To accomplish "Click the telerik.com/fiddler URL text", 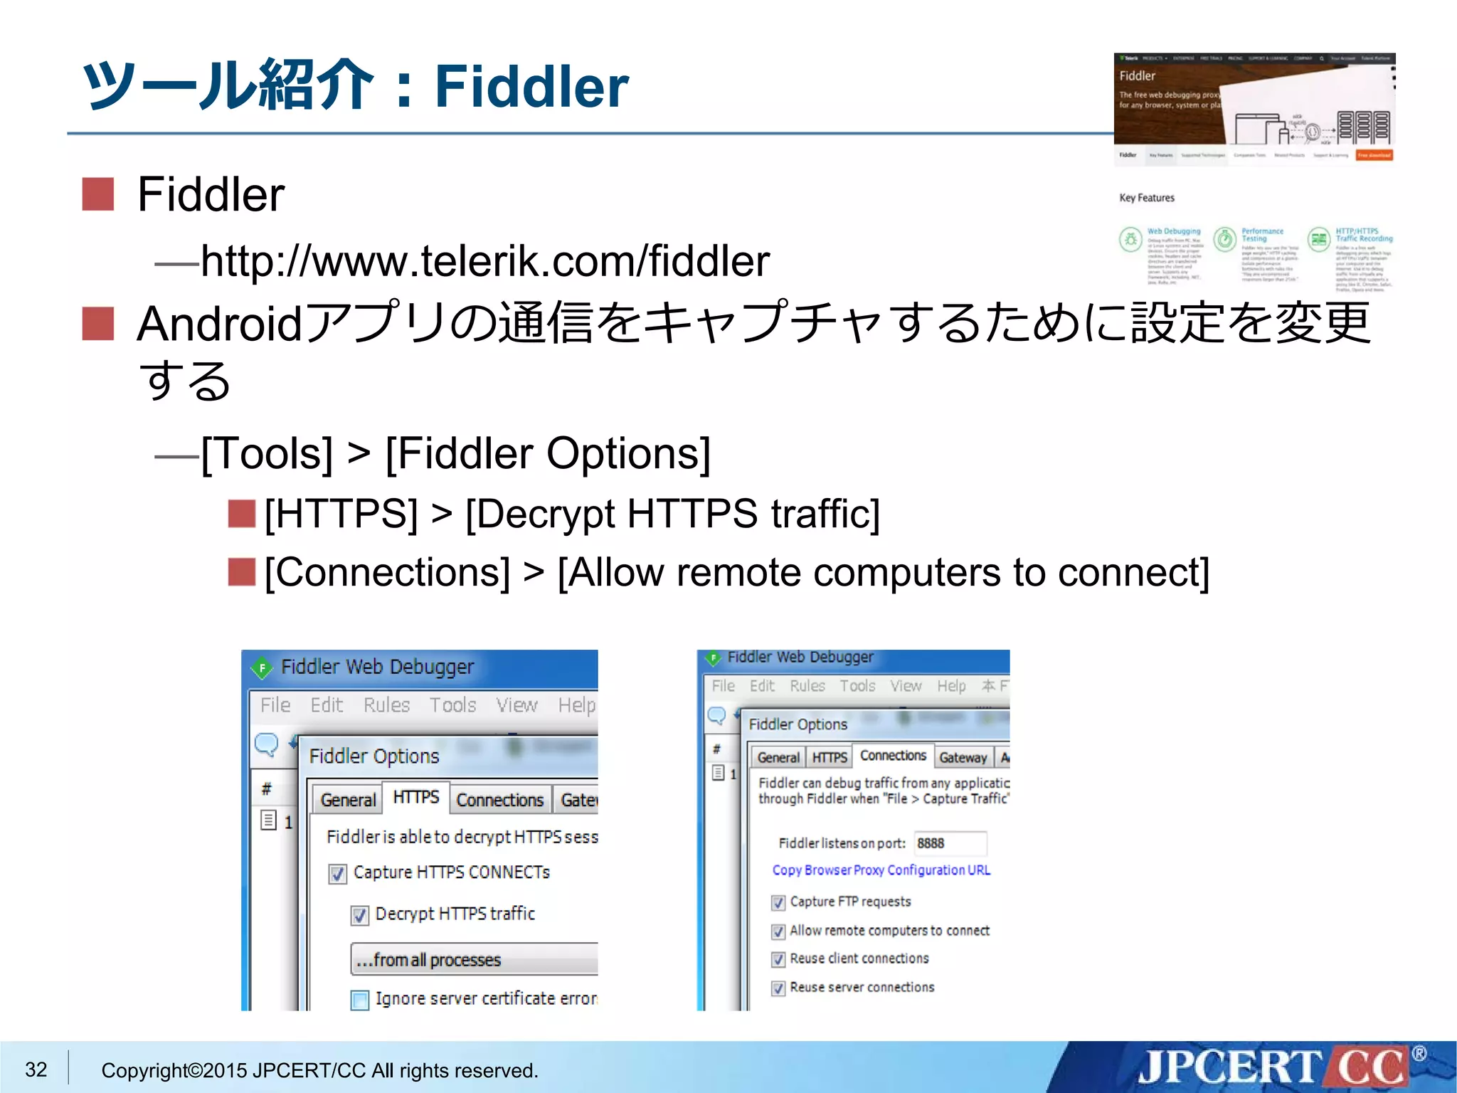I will (x=485, y=261).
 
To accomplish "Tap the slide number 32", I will (x=36, y=1069).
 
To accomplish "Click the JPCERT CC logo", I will (x=1273, y=1067).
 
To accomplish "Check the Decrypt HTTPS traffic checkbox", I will (x=360, y=915).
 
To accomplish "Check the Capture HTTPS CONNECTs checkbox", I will (x=338, y=874).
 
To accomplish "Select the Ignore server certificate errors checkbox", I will (x=360, y=1000).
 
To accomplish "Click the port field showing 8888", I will (x=950, y=843).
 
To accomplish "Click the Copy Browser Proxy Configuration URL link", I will (x=881, y=870).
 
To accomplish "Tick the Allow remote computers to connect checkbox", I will (x=778, y=931).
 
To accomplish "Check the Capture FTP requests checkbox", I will (x=778, y=902).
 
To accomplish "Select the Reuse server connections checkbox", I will (x=778, y=988).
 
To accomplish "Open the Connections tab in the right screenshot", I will (x=893, y=756).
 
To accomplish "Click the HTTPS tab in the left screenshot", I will (x=415, y=798).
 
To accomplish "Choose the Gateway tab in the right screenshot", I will (x=963, y=758).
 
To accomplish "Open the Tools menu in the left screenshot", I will (x=452, y=705).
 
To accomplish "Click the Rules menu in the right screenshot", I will (x=807, y=686).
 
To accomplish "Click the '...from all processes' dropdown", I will (x=473, y=960).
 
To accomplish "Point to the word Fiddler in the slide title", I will (x=531, y=87).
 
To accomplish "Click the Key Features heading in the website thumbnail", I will (x=1147, y=198).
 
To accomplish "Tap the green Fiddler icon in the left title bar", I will (x=263, y=667).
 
